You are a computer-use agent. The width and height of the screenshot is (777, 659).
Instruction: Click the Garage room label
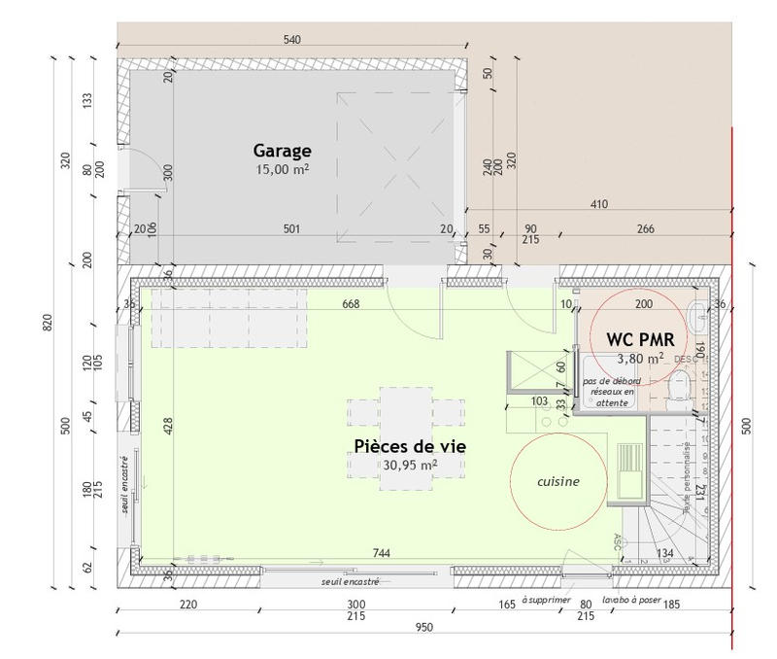coord(283,151)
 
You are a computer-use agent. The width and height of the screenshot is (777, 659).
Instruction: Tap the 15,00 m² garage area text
coord(283,169)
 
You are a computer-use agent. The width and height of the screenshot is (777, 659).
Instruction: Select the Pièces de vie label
coord(410,446)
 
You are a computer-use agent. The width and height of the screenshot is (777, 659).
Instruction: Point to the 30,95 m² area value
coord(410,466)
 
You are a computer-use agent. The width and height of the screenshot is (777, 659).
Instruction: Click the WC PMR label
coord(641,339)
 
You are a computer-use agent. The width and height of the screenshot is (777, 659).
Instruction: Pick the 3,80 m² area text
coord(641,357)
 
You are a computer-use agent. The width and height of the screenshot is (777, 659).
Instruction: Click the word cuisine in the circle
coord(558,481)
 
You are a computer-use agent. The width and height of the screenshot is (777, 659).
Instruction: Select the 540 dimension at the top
coord(292,40)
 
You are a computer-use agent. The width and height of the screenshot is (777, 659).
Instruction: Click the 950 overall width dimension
coord(424,628)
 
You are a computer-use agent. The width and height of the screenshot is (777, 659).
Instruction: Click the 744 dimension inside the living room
coord(381,553)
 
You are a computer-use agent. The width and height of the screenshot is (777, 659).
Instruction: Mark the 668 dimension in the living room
coord(352,304)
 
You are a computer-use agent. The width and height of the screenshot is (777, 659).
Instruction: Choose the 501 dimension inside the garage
coord(291,229)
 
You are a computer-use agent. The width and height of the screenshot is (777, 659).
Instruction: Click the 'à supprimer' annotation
coord(547,601)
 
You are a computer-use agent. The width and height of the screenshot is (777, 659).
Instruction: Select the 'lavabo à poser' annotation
coord(631,601)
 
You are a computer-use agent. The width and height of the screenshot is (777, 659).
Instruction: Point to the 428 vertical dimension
coord(168,426)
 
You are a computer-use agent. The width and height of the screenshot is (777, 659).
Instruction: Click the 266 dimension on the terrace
coord(645,229)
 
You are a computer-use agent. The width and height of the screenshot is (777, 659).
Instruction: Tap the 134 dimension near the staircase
coord(664,554)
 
